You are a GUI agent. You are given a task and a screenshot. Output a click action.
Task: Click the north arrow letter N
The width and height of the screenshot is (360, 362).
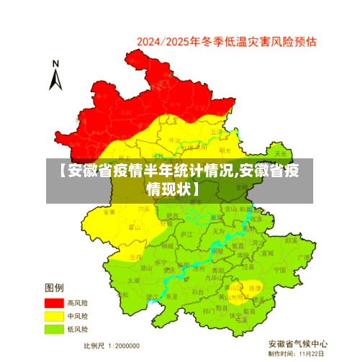(x=55, y=65)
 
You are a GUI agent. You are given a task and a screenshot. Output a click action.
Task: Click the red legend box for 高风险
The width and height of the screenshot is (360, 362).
(x=54, y=303)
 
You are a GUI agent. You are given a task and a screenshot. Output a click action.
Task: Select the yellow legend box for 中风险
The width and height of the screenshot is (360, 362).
(x=54, y=316)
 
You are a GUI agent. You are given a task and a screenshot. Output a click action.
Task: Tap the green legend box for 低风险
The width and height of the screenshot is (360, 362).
(x=54, y=329)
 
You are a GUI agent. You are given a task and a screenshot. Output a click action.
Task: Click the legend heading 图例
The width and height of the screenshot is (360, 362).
(x=55, y=288)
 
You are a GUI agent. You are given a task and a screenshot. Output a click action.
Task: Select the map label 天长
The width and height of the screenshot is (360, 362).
(x=280, y=153)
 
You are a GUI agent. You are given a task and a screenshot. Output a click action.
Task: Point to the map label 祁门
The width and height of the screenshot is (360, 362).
(x=208, y=310)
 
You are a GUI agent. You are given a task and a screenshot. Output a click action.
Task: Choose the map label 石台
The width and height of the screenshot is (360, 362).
(x=197, y=291)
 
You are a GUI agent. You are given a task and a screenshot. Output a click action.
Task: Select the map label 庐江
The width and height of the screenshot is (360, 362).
(x=186, y=235)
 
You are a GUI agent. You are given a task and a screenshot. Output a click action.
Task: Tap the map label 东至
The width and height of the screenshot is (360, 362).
(x=171, y=296)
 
